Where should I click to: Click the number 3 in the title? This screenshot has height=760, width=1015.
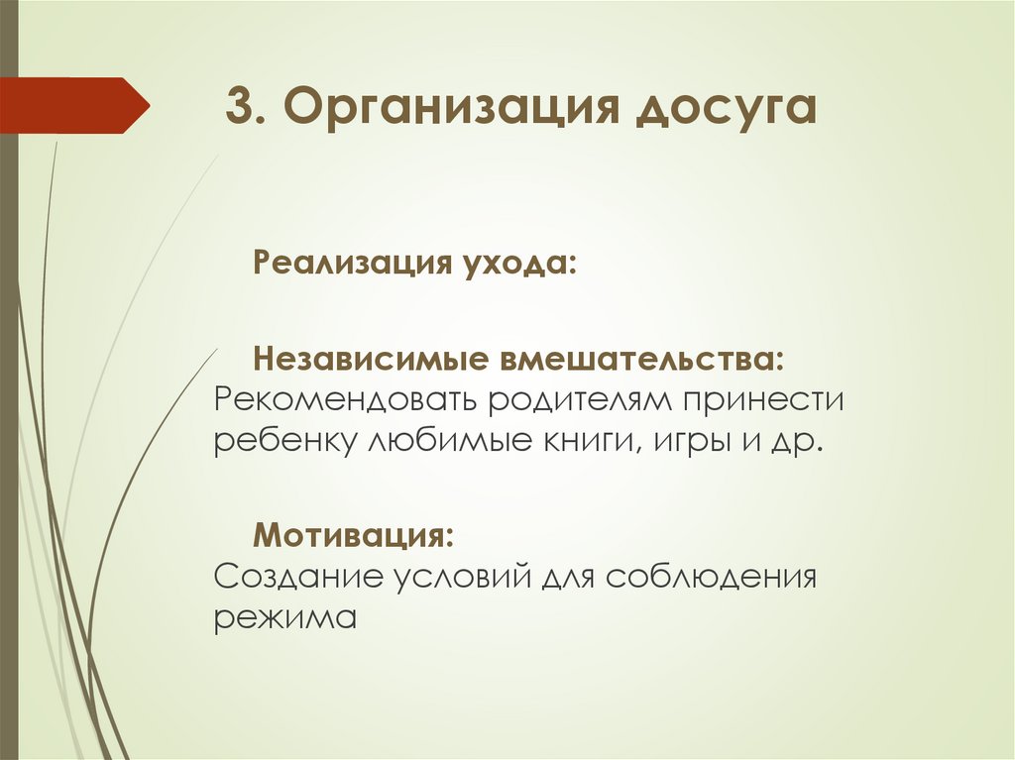237,107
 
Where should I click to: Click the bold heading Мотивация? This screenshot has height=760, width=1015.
355,536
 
